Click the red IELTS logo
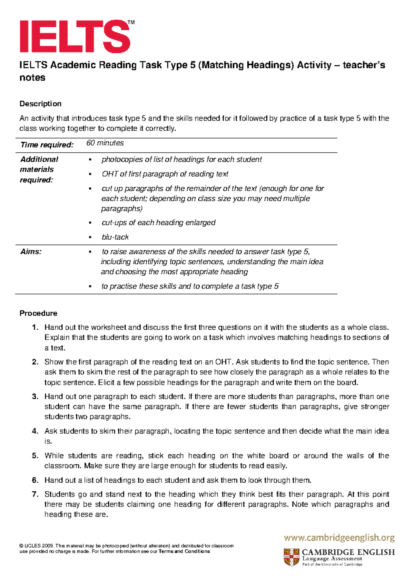[x=75, y=36]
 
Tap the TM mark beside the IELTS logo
[x=131, y=23]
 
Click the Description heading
[x=40, y=104]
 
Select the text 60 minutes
[x=105, y=143]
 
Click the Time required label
[x=47, y=145]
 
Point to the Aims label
[x=31, y=252]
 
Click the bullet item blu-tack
[x=115, y=237]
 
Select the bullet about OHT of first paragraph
[x=165, y=174]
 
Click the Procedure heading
[x=38, y=313]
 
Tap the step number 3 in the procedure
[x=35, y=396]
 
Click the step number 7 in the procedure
[x=35, y=494]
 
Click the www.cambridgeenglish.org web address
[x=339, y=538]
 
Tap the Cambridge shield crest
[x=291, y=557]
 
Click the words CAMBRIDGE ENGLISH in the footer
[x=348, y=552]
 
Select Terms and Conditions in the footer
[x=184, y=551]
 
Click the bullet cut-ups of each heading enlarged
[x=158, y=223]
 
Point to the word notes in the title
[x=32, y=78]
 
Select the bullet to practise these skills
[x=190, y=286]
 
